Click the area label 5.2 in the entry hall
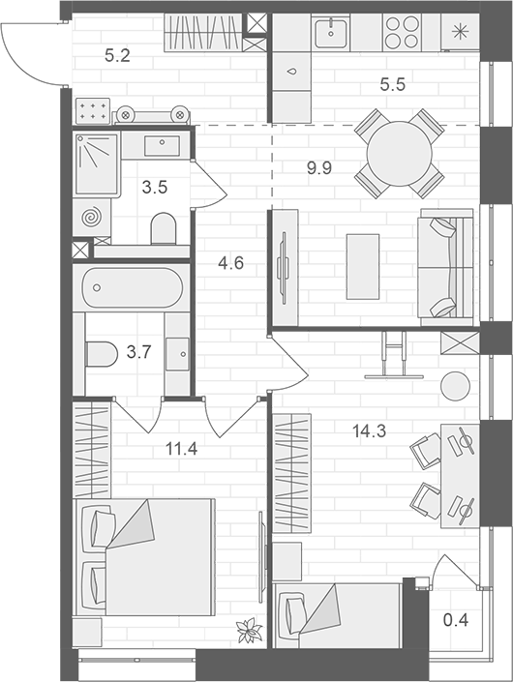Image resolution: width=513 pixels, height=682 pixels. click(x=117, y=55)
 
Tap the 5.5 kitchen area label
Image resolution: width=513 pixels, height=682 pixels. click(x=392, y=84)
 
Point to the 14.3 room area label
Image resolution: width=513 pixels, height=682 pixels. click(x=367, y=431)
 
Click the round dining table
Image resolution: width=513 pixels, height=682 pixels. click(x=400, y=150)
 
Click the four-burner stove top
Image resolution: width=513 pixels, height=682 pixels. click(x=402, y=33)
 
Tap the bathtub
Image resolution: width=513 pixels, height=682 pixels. click(x=132, y=287)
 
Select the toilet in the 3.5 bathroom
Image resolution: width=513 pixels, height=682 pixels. click(x=164, y=228)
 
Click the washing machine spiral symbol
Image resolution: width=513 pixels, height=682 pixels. click(x=91, y=217)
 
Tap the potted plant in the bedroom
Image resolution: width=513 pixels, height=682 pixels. click(x=250, y=630)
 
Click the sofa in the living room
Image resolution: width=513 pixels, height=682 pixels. click(x=443, y=266)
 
